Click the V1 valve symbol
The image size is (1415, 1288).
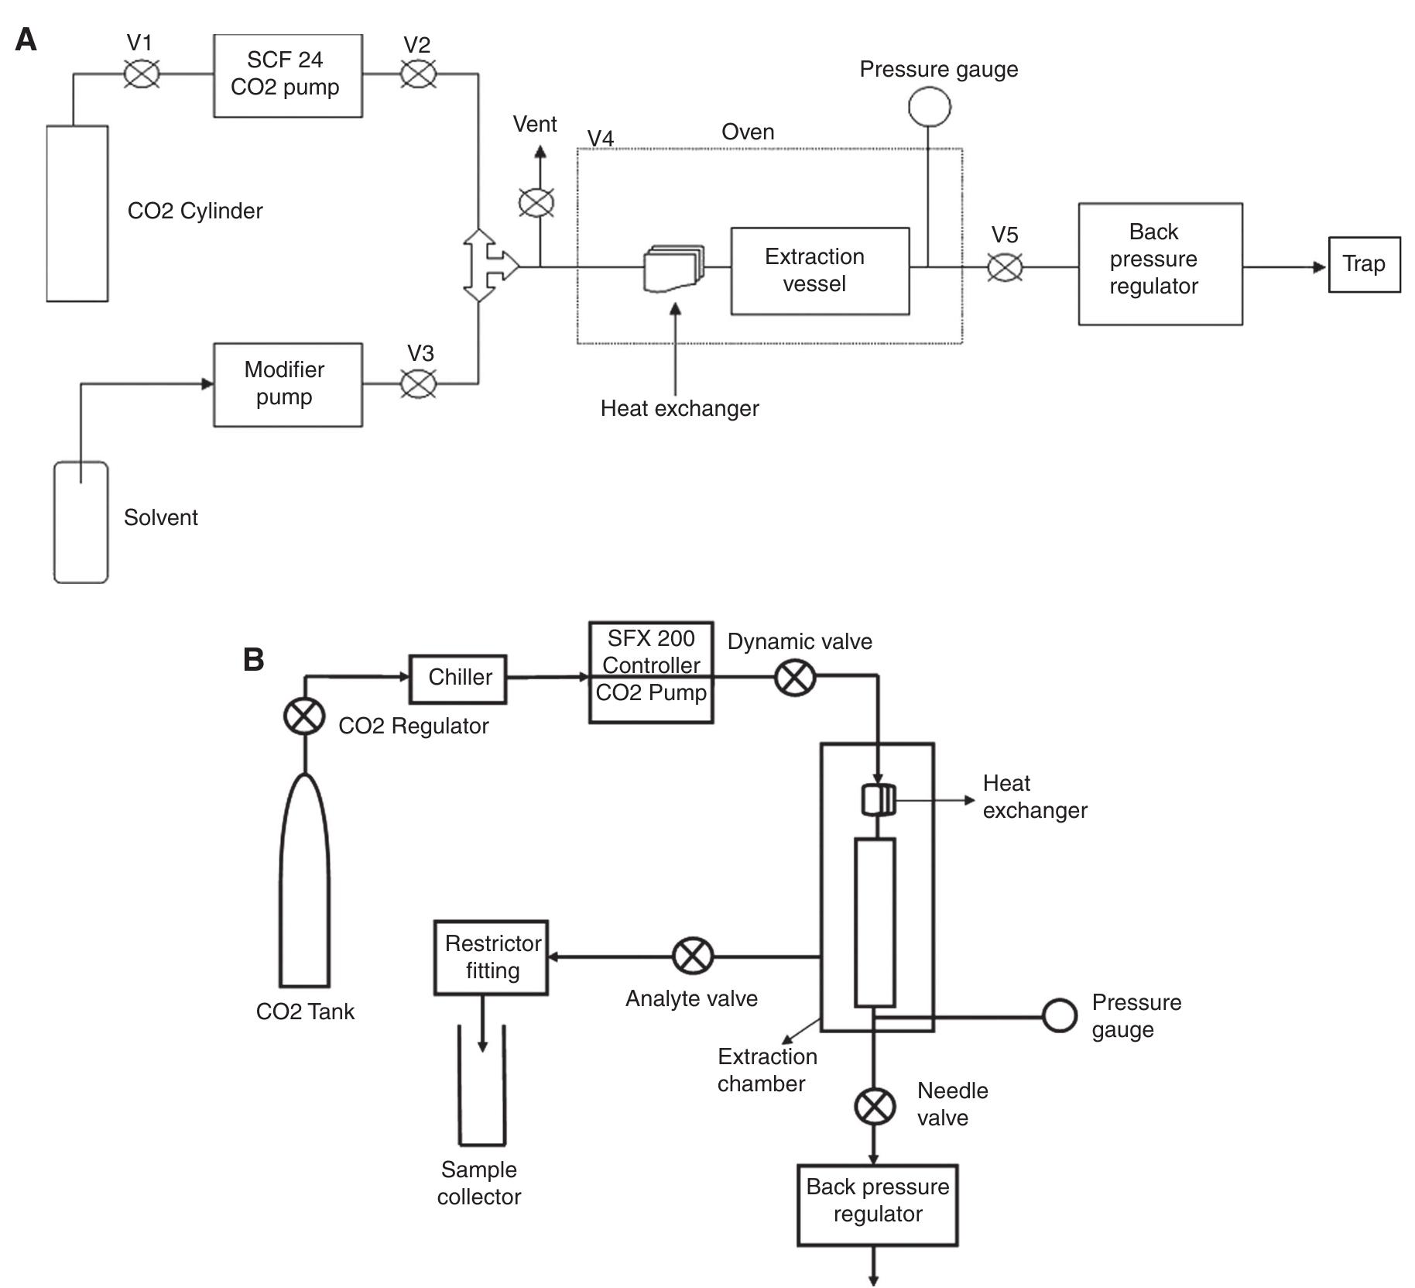(142, 75)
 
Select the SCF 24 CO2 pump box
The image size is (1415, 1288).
(287, 76)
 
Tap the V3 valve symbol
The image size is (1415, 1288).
(419, 383)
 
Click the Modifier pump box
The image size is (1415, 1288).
(287, 384)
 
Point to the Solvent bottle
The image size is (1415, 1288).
(81, 522)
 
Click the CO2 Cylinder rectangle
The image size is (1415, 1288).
(77, 213)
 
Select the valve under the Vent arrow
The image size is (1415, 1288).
(536, 204)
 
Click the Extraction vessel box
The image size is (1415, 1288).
(819, 271)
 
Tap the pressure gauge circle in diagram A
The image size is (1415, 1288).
(929, 107)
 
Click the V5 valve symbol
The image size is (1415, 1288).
(1005, 268)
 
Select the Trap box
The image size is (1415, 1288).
(1363, 264)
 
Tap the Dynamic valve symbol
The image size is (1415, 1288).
(795, 678)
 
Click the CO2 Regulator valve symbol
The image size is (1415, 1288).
(304, 716)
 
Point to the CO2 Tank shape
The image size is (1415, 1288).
(304, 883)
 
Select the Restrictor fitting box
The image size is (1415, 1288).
(491, 957)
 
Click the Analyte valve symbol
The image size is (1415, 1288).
(692, 956)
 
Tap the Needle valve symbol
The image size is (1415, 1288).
(875, 1106)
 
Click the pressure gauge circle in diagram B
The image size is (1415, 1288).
(1059, 1015)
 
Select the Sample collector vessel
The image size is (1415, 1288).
(481, 1088)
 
